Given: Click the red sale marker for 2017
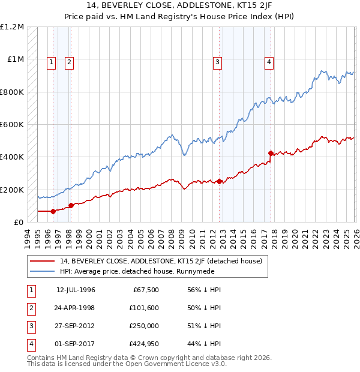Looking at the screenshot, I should point(271,153).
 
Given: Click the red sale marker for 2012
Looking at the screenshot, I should point(219,181).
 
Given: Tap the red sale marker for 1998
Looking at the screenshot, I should point(71,205).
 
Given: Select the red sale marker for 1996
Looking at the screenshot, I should point(53,211).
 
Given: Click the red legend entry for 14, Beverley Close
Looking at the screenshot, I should point(161,261).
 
